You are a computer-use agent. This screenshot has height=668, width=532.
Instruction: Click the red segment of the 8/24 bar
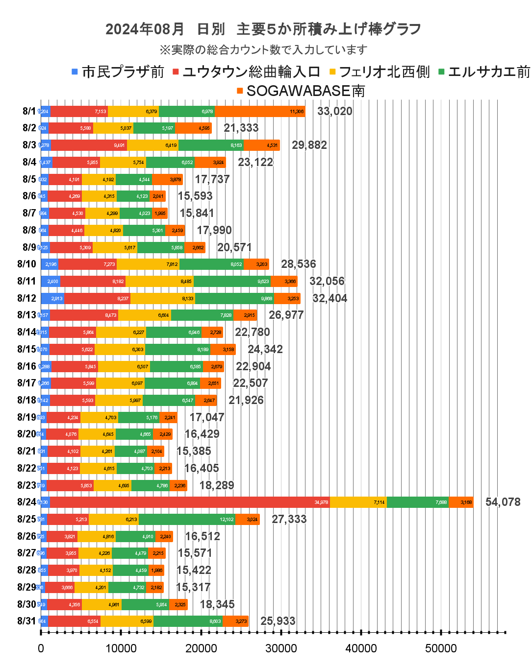pos(189,502)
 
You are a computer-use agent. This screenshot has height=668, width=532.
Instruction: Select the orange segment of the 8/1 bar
pos(260,111)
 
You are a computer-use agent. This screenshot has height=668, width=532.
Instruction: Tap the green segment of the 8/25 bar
pos(187,519)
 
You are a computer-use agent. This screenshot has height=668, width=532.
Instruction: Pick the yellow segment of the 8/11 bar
pos(159,281)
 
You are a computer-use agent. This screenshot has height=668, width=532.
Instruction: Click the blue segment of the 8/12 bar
pos(52,298)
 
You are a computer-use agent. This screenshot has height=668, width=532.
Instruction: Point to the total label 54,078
pos(503,502)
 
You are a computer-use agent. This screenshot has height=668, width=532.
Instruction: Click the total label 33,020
pos(334,111)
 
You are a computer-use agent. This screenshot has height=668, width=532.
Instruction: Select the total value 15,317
pos(193,587)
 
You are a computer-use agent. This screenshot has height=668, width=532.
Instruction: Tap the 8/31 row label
pos(26,621)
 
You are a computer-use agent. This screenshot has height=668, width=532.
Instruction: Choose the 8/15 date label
pos(26,349)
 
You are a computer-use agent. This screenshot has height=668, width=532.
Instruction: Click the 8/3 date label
pos(29,145)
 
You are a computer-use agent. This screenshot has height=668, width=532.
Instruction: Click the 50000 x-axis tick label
pos(441,648)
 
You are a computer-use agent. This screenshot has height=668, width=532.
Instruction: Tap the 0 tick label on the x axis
pos(41,648)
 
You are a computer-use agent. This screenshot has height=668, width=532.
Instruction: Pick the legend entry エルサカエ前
pos(488,72)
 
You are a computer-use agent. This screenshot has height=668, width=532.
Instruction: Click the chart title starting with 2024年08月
pos(263,29)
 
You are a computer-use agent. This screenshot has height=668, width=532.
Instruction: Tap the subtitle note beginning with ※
pos(263,49)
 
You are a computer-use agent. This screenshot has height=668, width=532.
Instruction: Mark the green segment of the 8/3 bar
pos(211,145)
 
